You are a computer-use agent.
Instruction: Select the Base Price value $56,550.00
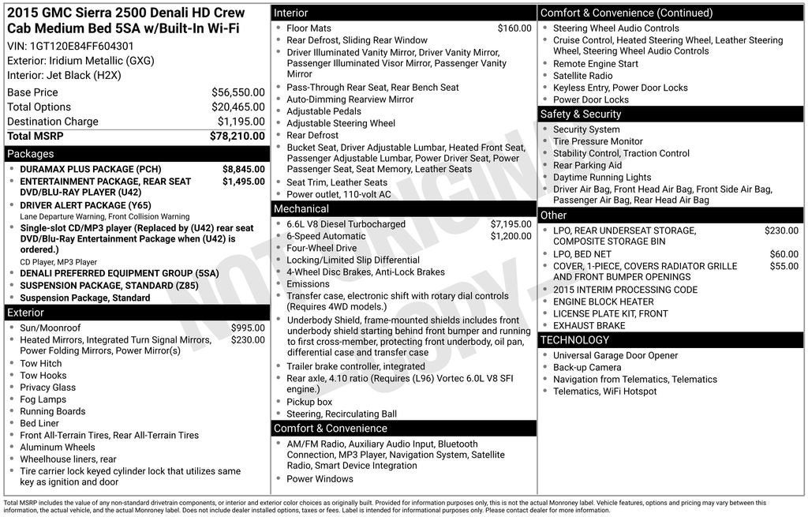click(238, 92)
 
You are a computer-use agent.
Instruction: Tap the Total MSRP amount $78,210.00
click(237, 136)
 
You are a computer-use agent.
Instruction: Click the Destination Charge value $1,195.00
click(241, 122)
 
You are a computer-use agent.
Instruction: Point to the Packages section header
click(31, 154)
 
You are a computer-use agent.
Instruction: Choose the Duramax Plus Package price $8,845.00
click(243, 170)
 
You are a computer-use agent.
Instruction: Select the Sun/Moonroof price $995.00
click(248, 328)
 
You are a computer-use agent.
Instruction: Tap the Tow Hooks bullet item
click(43, 376)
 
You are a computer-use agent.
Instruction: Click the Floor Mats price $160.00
click(514, 28)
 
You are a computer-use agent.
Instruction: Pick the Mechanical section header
click(301, 209)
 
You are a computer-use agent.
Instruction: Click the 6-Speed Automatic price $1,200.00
click(511, 236)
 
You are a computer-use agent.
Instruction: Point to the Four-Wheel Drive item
click(321, 248)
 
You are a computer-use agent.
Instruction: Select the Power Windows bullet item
click(320, 479)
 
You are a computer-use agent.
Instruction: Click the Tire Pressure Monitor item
click(597, 141)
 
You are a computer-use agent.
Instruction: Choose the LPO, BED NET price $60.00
click(784, 254)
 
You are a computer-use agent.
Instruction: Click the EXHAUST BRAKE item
click(589, 325)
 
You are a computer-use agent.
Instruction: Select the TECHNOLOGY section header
click(574, 340)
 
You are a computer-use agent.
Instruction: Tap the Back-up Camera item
click(587, 367)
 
